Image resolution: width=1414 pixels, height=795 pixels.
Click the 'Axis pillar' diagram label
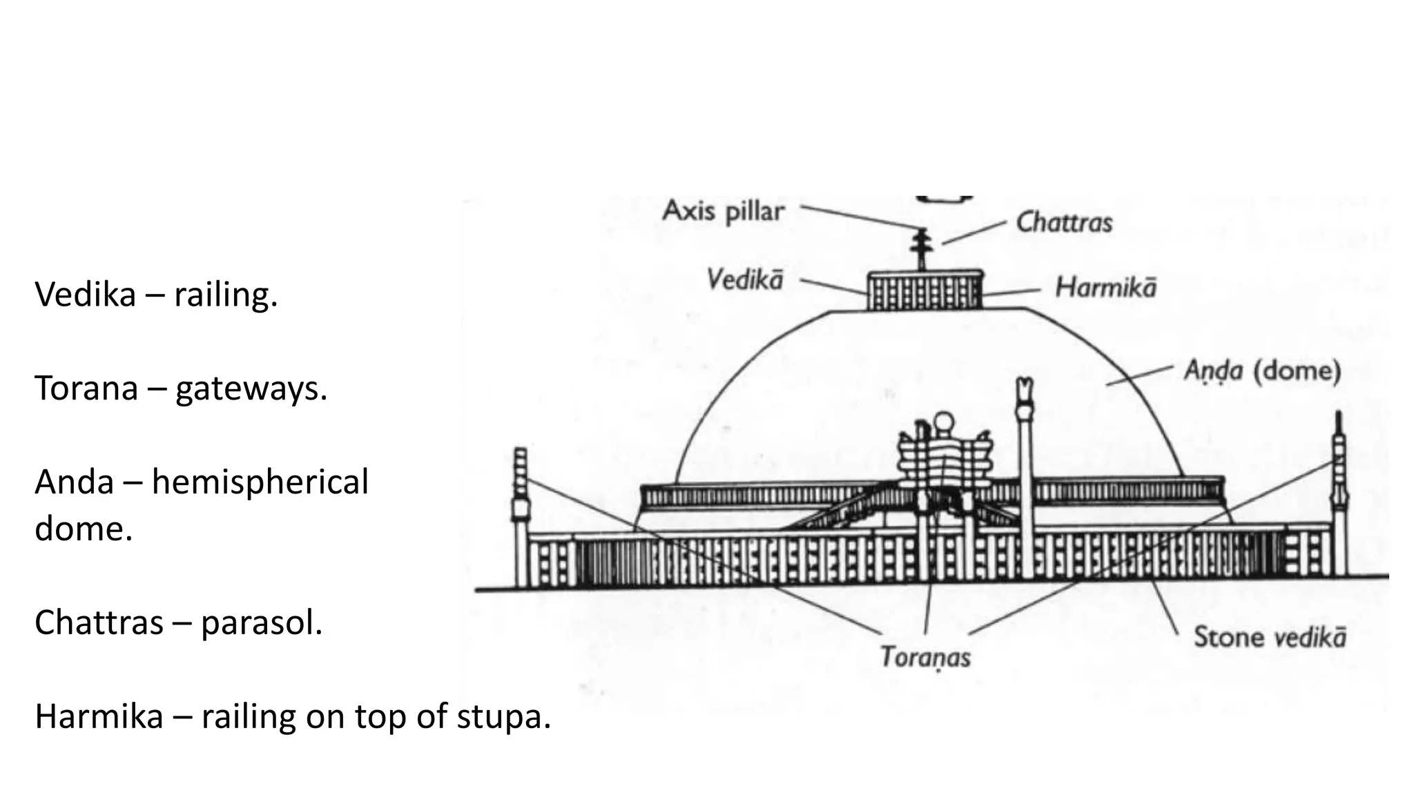pyautogui.click(x=723, y=210)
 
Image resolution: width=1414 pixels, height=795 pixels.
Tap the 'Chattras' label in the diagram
pyautogui.click(x=1064, y=223)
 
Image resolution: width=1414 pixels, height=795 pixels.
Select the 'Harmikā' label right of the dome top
pyautogui.click(x=1105, y=288)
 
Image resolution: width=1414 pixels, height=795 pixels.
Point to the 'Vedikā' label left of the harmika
pyautogui.click(x=744, y=280)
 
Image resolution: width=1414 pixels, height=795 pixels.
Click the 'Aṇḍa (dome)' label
pyautogui.click(x=1262, y=371)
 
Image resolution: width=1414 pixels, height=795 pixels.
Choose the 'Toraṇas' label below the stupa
pyautogui.click(x=925, y=657)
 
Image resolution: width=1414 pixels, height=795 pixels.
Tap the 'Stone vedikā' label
pyautogui.click(x=1270, y=637)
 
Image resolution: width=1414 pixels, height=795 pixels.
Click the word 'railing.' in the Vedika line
pyautogui.click(x=226, y=295)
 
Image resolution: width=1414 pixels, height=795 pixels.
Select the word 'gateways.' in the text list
pyautogui.click(x=251, y=389)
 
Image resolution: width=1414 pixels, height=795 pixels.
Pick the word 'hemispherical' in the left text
pyautogui.click(x=260, y=482)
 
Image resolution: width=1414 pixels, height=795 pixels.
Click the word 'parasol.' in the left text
pyautogui.click(x=262, y=623)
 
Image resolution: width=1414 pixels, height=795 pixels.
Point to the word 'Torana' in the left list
pyautogui.click(x=86, y=389)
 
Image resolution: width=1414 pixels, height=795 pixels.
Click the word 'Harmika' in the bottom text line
pyautogui.click(x=99, y=717)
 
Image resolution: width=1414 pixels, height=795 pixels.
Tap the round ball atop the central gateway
pyautogui.click(x=943, y=421)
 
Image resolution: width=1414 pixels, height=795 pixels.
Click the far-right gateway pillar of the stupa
pyautogui.click(x=1339, y=497)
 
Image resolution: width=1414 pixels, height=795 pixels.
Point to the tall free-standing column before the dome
pyautogui.click(x=1025, y=476)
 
